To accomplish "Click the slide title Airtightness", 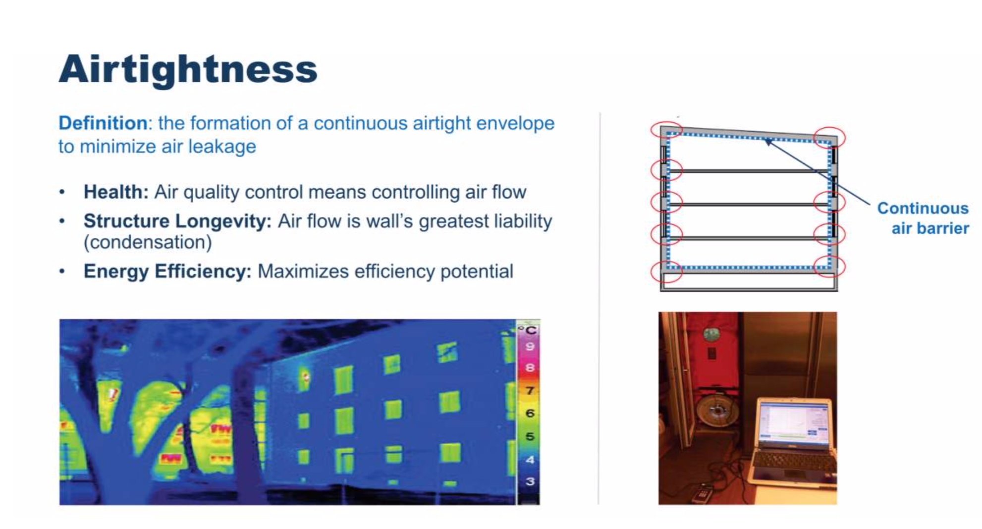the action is coord(188,69).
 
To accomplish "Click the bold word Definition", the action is coord(103,123).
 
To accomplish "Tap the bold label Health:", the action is coord(116,192).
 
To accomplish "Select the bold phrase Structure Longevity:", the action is coord(177,221).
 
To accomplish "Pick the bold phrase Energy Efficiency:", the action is coord(167,271).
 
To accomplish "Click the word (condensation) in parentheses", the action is coord(148,242).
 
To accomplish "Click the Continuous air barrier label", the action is coord(923,218).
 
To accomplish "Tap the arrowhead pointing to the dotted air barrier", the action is coord(768,143).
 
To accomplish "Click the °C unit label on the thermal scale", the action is coord(528,329).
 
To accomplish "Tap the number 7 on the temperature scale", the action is coord(530,391).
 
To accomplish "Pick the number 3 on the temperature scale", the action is coord(530,481).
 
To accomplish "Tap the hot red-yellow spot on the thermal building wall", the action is coord(305,378).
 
